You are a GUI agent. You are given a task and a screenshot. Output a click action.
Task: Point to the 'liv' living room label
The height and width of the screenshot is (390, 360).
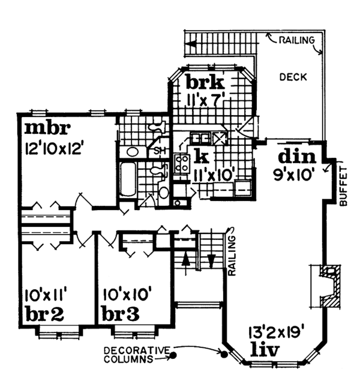(x=263, y=349)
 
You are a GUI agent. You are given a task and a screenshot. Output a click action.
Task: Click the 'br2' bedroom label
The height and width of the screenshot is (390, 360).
(x=45, y=313)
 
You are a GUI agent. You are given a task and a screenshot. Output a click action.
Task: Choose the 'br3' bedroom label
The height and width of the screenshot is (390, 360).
(x=123, y=313)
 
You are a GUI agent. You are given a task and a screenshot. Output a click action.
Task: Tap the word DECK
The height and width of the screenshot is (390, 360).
(x=293, y=77)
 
